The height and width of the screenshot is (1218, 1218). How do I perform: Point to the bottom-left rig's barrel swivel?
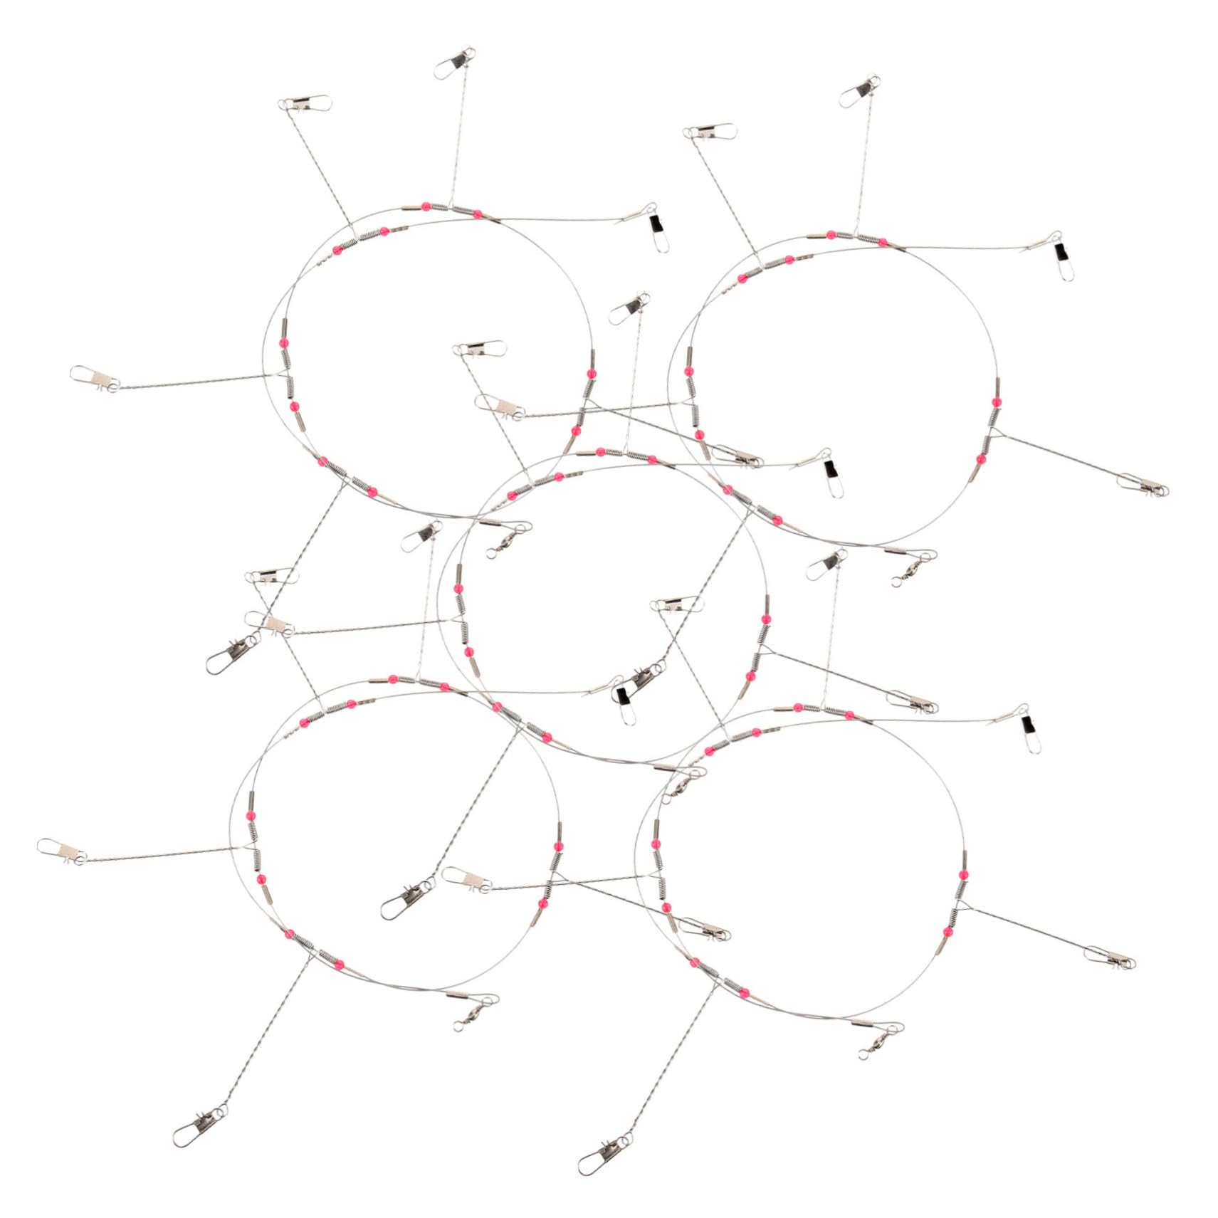[471, 1018]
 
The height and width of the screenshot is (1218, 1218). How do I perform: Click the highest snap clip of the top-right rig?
[859, 89]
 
